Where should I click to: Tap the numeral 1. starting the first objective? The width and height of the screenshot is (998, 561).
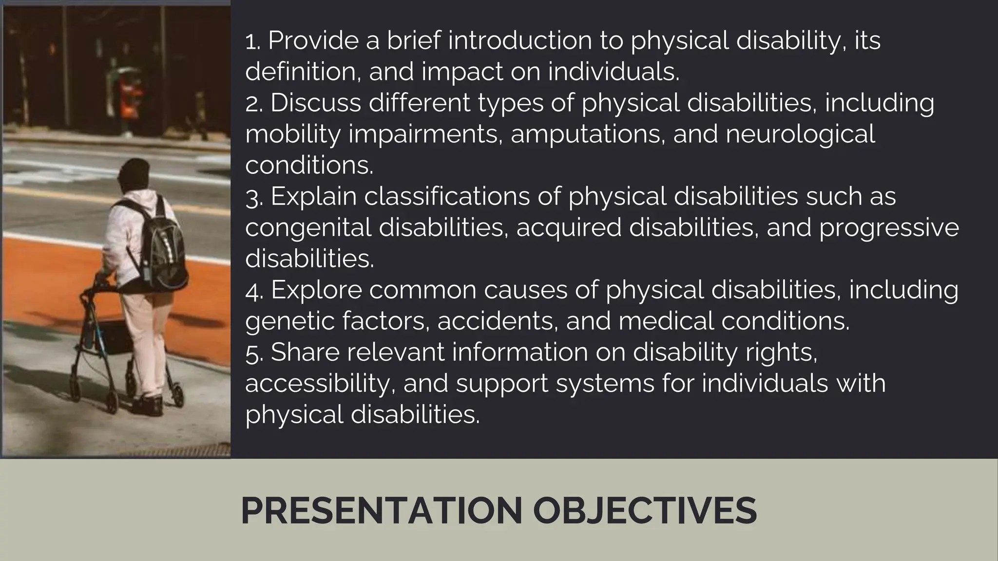coord(252,41)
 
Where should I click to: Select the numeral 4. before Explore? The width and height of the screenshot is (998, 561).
coord(254,291)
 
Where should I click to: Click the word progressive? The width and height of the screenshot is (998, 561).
coord(889,228)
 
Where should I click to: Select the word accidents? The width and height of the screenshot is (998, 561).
coord(497,321)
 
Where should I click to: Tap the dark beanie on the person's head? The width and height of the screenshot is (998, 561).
coord(134,173)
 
